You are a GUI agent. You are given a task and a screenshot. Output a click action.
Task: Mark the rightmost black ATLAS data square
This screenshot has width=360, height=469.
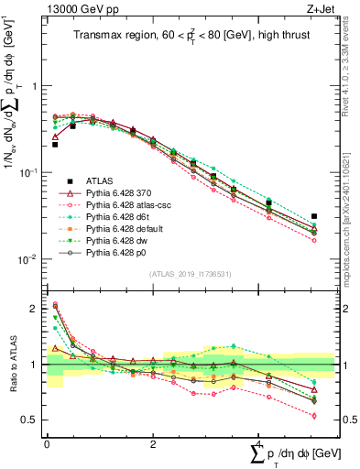click(314, 216)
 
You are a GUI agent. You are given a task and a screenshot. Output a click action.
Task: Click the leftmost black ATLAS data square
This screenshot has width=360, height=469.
click(55, 144)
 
